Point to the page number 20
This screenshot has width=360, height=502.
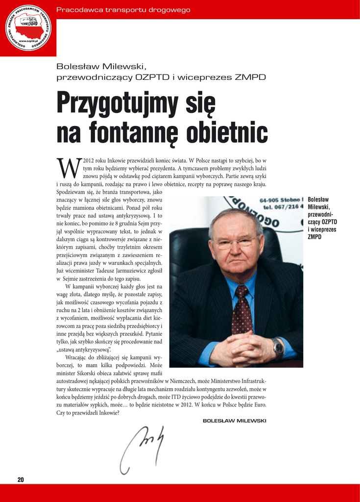pyautogui.click(x=21, y=479)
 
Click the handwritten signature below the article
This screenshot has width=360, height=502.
pyautogui.click(x=142, y=447)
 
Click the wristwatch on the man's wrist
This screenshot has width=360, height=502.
pyautogui.click(x=278, y=347)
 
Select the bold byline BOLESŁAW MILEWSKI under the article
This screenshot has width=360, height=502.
pyautogui.click(x=234, y=421)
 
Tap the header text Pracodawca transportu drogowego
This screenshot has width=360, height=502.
pyautogui.click(x=123, y=10)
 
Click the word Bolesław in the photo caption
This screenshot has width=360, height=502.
pyautogui.click(x=318, y=200)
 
